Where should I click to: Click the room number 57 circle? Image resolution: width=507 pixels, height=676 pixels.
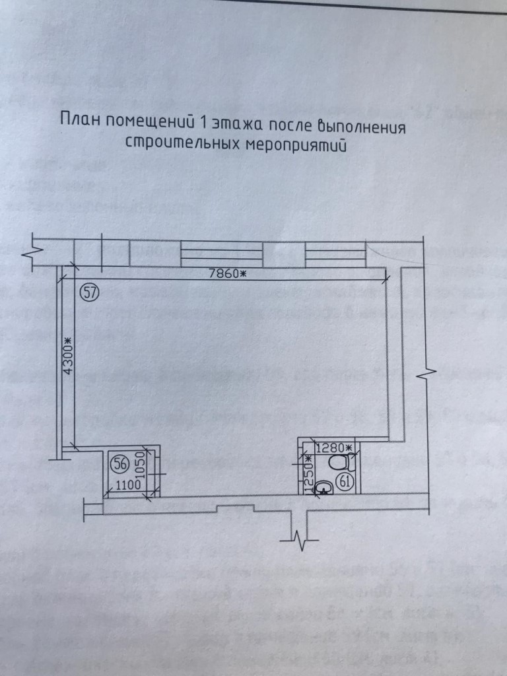click(x=88, y=292)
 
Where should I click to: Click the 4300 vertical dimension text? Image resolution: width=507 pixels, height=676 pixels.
click(x=67, y=357)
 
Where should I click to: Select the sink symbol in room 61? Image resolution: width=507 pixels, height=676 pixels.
click(x=323, y=488)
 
